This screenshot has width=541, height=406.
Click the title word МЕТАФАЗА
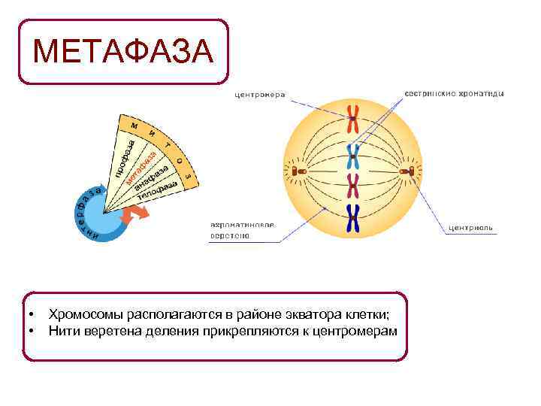pyautogui.click(x=123, y=52)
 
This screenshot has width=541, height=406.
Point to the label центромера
pyautogui.click(x=260, y=95)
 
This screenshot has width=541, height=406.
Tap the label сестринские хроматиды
pyautogui.click(x=454, y=94)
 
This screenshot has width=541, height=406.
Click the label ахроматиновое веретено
pyautogui.click(x=242, y=229)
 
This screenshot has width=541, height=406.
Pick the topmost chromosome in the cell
pyautogui.click(x=352, y=120)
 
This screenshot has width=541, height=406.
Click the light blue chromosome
pyautogui.click(x=352, y=156)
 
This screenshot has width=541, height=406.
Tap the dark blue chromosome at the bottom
pyautogui.click(x=353, y=218)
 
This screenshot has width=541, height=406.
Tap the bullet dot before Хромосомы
pyautogui.click(x=32, y=315)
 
